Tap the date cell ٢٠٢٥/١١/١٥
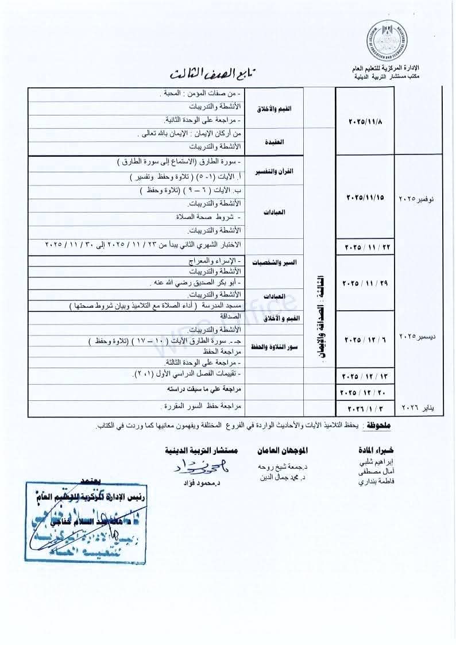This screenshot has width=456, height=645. pyautogui.click(x=365, y=197)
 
